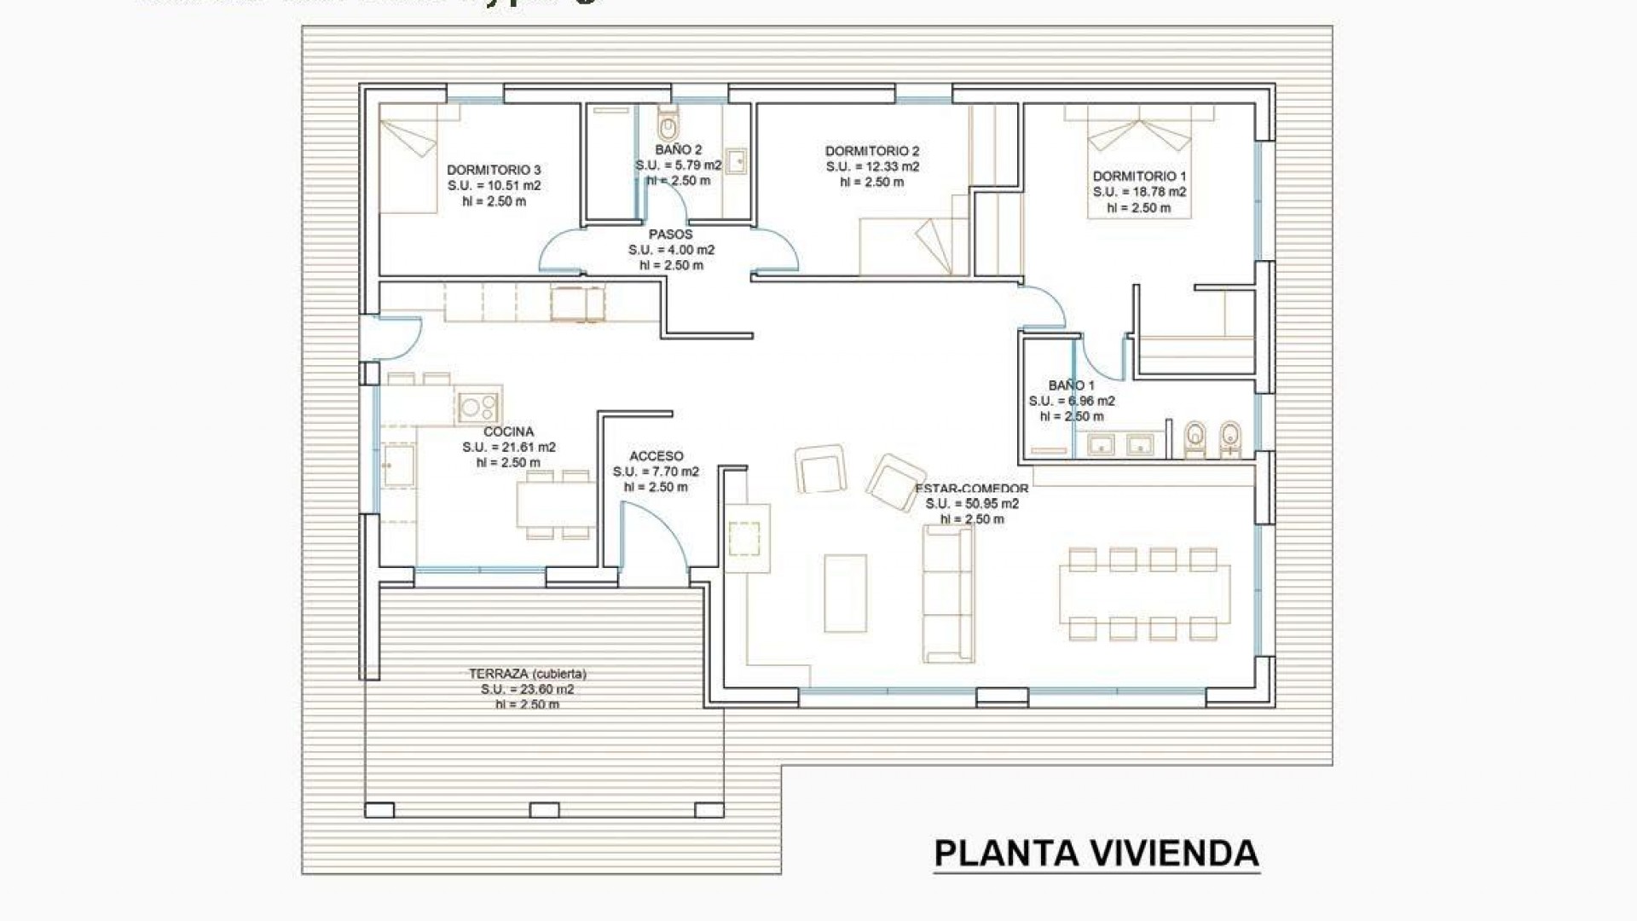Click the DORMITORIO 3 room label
coord(494,170)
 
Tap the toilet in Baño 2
coord(668,125)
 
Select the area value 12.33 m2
coord(872,166)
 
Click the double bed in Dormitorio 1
coord(1138,162)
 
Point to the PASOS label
coord(670,234)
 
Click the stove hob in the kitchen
coord(477,406)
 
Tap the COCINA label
coord(508,432)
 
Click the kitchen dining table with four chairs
coord(556,505)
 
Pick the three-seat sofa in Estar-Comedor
coord(947,594)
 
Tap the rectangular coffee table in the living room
coord(845,593)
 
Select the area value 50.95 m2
coord(972,503)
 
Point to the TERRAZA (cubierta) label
coord(527,674)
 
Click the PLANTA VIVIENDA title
coord(1096,854)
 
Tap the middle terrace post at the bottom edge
coord(544,809)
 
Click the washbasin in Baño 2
coord(735,160)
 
